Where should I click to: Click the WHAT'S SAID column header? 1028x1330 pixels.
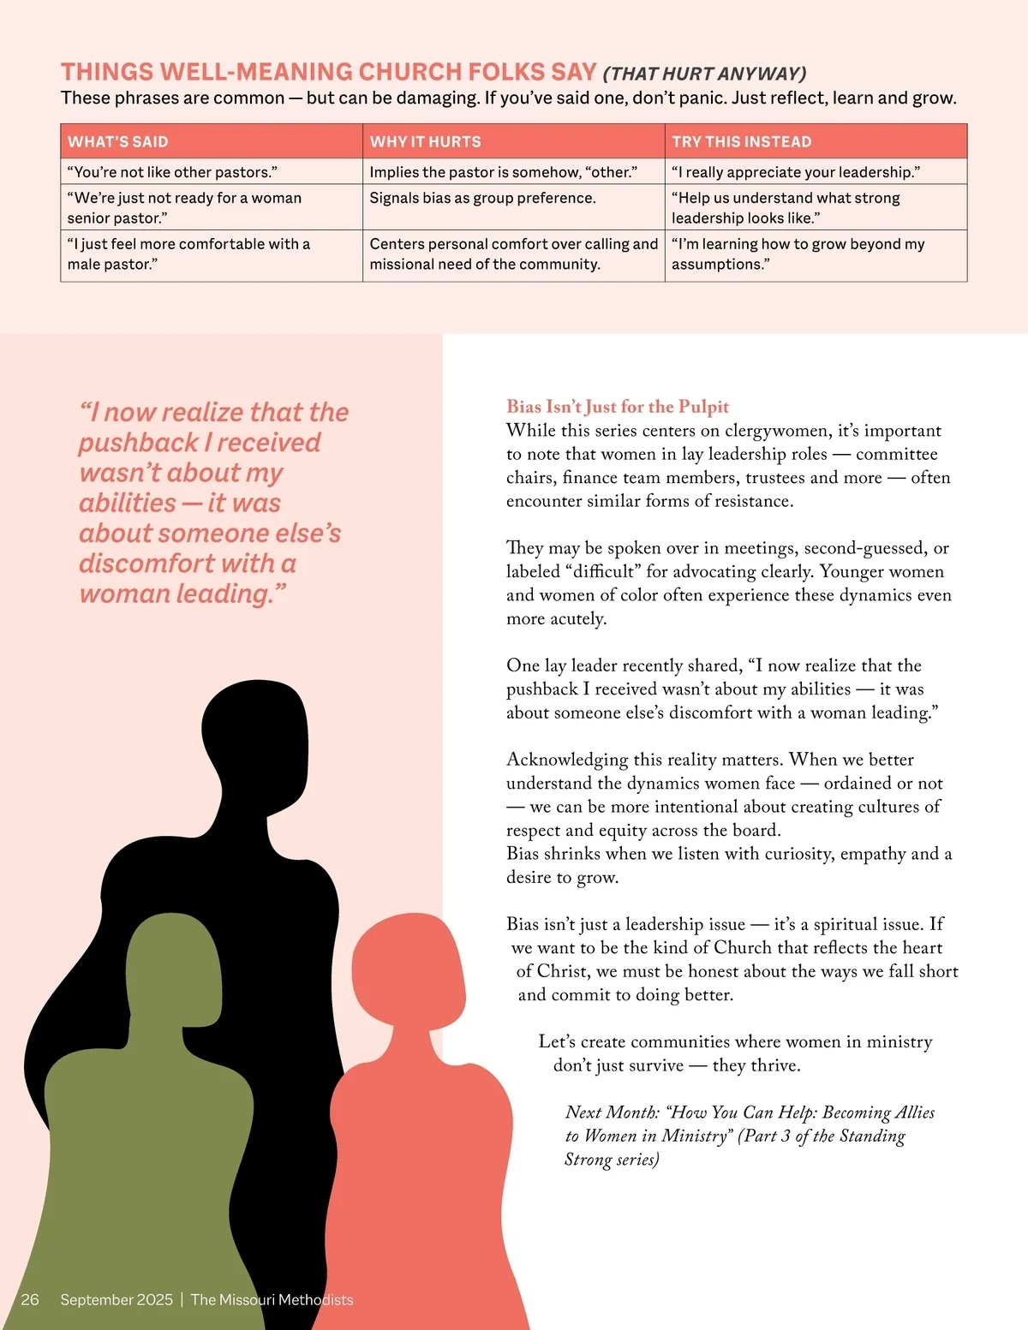pyautogui.click(x=118, y=142)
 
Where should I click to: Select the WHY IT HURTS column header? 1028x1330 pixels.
pyautogui.click(x=425, y=142)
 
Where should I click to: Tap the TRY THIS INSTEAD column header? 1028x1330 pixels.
pyautogui.click(x=741, y=142)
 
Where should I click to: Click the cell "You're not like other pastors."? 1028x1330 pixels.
pyautogui.click(x=172, y=172)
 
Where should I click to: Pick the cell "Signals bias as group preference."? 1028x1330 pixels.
pyautogui.click(x=482, y=198)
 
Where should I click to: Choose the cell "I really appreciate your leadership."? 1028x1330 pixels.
pyautogui.click(x=795, y=172)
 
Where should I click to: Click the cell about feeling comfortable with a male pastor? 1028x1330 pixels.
pyautogui.click(x=188, y=254)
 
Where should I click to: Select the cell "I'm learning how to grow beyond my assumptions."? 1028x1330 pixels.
pyautogui.click(x=798, y=254)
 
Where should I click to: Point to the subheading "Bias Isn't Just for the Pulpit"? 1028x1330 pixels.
pyautogui.click(x=618, y=407)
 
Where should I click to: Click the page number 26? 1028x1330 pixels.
pyautogui.click(x=30, y=1299)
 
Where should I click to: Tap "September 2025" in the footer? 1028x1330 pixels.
pyautogui.click(x=117, y=1299)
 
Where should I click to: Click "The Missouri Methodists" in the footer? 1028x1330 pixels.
pyautogui.click(x=272, y=1299)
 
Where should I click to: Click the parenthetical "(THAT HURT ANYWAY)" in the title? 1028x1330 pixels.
pyautogui.click(x=704, y=74)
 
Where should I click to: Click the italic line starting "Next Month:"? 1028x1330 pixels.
pyautogui.click(x=750, y=1112)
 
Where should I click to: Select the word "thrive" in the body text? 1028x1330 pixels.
pyautogui.click(x=772, y=1065)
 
